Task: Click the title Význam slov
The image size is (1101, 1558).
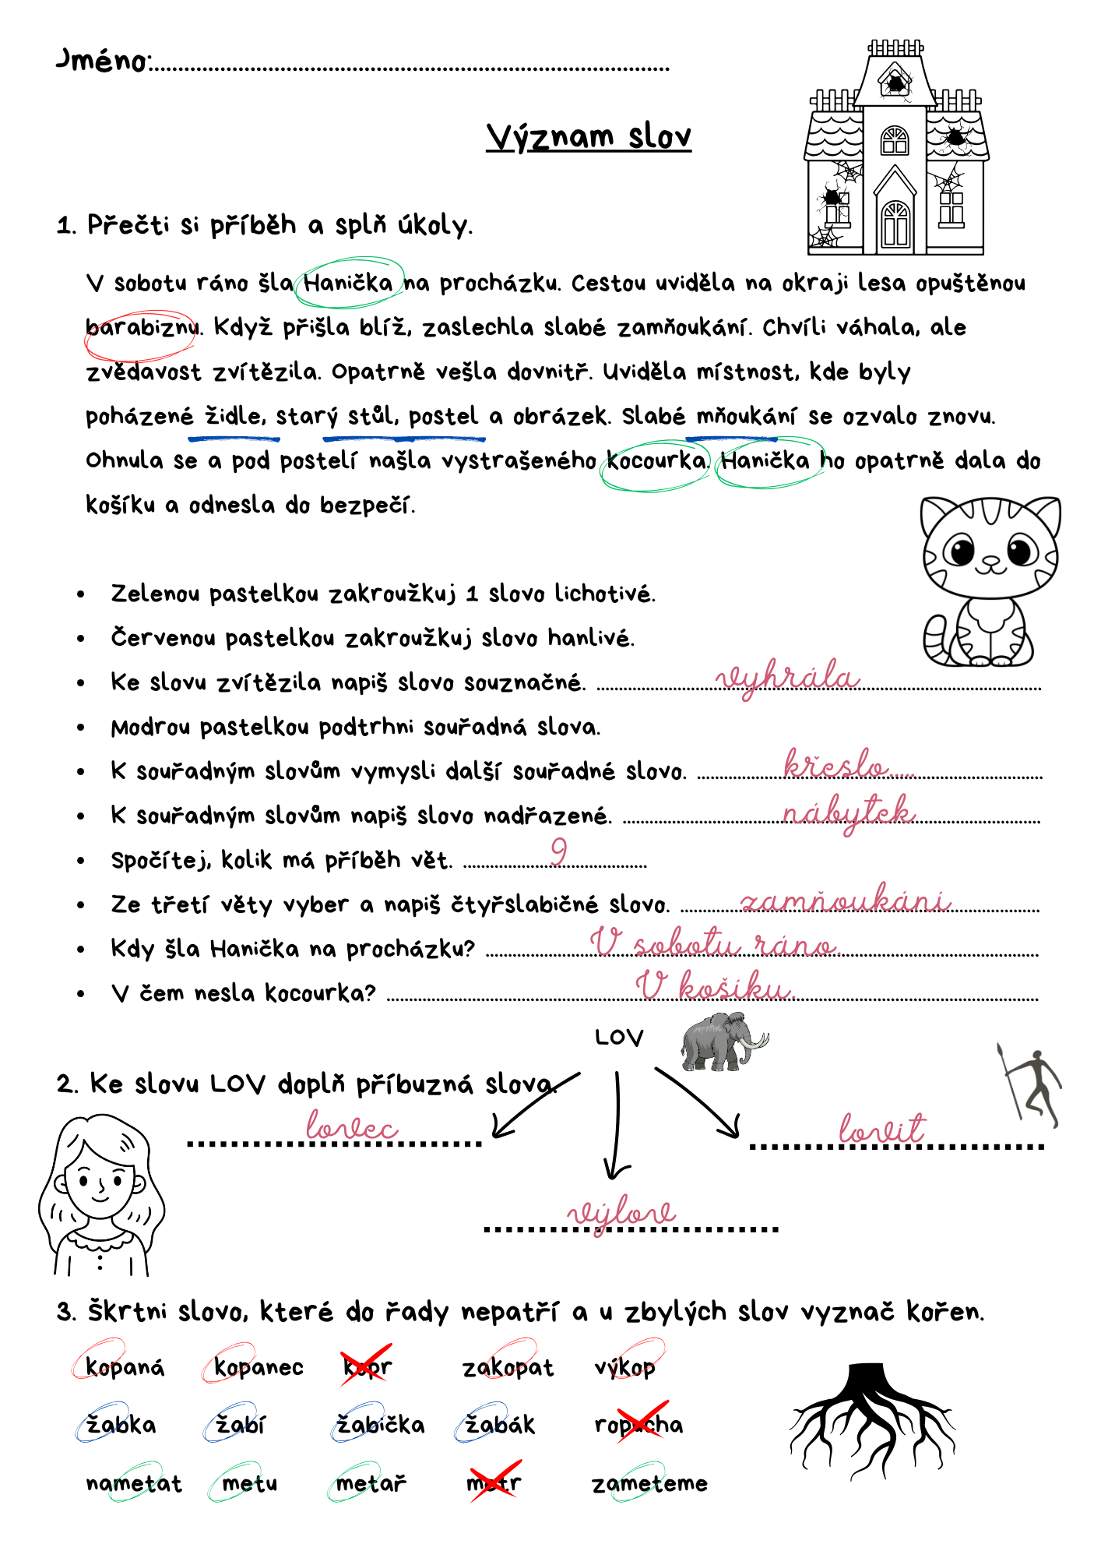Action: click(589, 136)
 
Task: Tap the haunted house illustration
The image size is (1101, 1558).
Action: click(896, 148)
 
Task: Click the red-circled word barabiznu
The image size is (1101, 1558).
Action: click(141, 328)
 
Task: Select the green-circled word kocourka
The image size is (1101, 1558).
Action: click(656, 461)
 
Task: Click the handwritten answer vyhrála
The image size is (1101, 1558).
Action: click(787, 677)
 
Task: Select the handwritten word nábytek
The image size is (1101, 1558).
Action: click(848, 812)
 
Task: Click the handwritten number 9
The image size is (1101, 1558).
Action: click(558, 851)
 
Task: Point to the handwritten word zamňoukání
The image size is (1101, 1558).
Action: click(845, 901)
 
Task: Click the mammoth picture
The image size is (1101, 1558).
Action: click(723, 1042)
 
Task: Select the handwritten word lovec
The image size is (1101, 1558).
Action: click(352, 1127)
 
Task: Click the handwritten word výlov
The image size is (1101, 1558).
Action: click(621, 1214)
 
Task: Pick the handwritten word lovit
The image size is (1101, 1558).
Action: click(882, 1129)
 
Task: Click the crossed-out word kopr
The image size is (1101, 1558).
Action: click(367, 1366)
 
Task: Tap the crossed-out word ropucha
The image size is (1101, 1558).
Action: click(638, 1425)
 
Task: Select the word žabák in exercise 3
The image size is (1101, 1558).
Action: click(499, 1425)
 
